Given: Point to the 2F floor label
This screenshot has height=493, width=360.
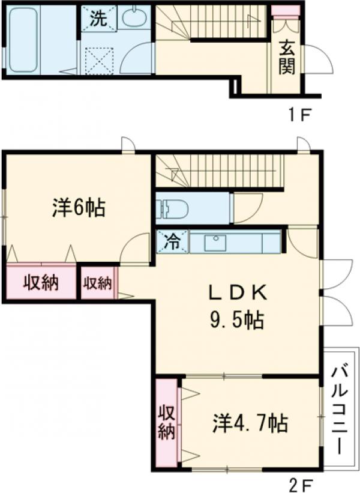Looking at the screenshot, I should tap(298, 484).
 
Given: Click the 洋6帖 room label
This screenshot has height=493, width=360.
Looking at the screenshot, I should tap(79, 208).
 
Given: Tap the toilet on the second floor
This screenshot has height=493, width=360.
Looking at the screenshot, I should tap(172, 209).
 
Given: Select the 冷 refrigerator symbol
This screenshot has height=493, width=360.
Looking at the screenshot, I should tap(172, 242).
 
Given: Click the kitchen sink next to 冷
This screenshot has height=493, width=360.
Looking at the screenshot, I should tap(216, 242).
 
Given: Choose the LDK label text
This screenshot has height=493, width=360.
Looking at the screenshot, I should tap(237, 292).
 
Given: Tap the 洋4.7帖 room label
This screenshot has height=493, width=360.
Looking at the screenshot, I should tap(249, 423).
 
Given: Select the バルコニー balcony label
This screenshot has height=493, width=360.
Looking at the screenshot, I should tap(340, 408).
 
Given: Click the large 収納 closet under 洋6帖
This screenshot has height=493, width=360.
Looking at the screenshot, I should tap(41, 282).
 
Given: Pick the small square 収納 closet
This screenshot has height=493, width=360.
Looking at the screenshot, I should tap(97, 282).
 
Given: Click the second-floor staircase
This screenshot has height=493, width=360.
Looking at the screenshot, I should tap(218, 170).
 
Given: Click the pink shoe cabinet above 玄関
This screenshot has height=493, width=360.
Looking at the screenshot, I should tap(286, 11).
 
